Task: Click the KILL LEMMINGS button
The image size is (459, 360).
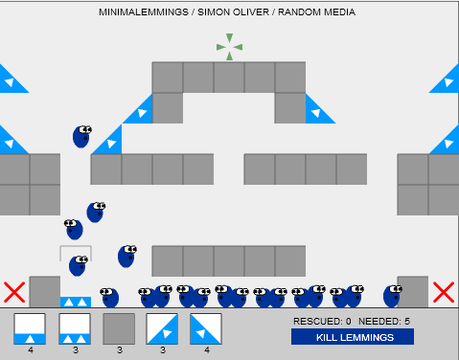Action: click(353, 337)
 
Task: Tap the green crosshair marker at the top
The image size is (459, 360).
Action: click(229, 46)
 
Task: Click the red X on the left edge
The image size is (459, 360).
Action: click(13, 292)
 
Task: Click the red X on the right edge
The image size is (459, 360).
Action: click(443, 292)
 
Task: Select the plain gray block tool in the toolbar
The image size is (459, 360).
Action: click(119, 328)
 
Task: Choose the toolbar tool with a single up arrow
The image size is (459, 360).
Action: click(30, 328)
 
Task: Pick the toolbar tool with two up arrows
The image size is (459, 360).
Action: click(74, 328)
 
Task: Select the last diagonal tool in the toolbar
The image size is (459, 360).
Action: click(206, 328)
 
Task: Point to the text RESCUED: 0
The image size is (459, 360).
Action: click(322, 321)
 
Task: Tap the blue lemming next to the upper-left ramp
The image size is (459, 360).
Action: click(82, 136)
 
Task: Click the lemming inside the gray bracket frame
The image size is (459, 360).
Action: click(78, 265)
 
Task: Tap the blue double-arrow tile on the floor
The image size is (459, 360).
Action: click(76, 302)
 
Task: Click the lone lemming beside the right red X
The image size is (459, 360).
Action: click(392, 296)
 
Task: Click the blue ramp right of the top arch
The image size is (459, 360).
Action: click(319, 109)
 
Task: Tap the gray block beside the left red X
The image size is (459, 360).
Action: click(45, 292)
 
